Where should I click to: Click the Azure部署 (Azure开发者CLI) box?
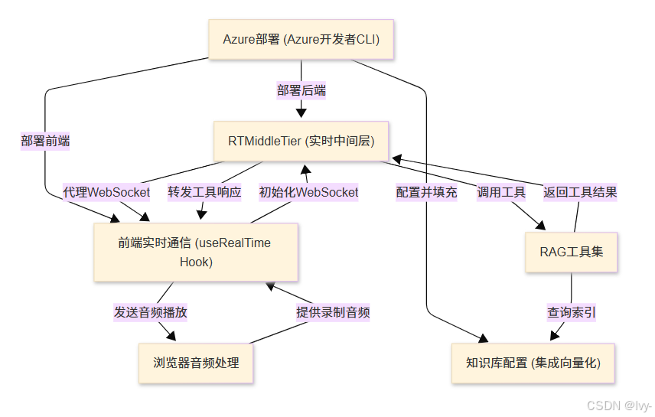pyautogui.click(x=301, y=40)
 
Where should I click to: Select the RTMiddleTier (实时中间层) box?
pyautogui.click(x=301, y=141)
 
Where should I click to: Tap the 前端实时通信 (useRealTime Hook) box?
pyautogui.click(x=195, y=252)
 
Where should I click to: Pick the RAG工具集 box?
pyautogui.click(x=571, y=251)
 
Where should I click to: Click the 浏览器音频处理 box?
pyautogui.click(x=196, y=363)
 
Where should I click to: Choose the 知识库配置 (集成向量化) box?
pyautogui.click(x=533, y=363)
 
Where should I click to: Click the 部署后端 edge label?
pyautogui.click(x=301, y=90)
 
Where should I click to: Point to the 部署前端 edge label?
pyautogui.click(x=45, y=141)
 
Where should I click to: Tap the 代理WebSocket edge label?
pyautogui.click(x=106, y=192)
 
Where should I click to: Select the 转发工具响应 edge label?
pyautogui.click(x=204, y=192)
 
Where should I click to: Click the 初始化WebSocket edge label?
pyautogui.click(x=308, y=192)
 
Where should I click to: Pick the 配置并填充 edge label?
pyautogui.click(x=426, y=192)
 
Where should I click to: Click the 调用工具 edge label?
pyautogui.click(x=501, y=192)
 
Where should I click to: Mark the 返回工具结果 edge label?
pyautogui.click(x=580, y=192)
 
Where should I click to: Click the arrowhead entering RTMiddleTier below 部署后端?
pyautogui.click(x=301, y=114)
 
